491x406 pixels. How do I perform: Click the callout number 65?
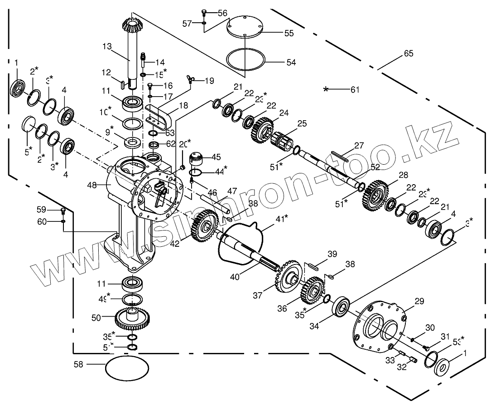409,54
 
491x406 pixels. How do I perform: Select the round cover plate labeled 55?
245,27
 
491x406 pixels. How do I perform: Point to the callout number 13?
107,46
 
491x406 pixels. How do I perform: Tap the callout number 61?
355,89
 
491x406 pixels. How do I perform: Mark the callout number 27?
359,146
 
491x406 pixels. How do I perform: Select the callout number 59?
42,210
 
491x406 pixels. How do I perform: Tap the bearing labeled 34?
343,307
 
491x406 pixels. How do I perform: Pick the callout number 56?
222,13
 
